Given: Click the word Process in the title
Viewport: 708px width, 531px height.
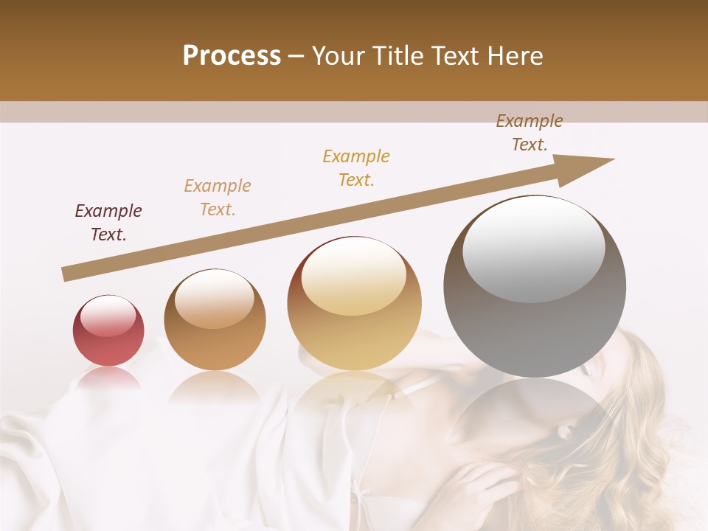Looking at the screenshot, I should (232, 56).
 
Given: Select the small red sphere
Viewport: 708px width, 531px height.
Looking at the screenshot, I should (108, 332).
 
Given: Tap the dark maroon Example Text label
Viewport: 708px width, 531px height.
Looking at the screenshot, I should (108, 223).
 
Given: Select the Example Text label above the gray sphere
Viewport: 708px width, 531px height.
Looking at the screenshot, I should (529, 133).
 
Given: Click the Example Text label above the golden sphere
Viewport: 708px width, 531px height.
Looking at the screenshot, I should (356, 167).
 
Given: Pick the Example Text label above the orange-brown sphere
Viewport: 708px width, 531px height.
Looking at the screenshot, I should (218, 197).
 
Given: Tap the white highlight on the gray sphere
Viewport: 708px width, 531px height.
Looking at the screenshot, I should (533, 247).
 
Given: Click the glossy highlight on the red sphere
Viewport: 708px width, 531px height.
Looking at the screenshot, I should (108, 316).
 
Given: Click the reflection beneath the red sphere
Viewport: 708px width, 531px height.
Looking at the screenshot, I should (108, 378).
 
